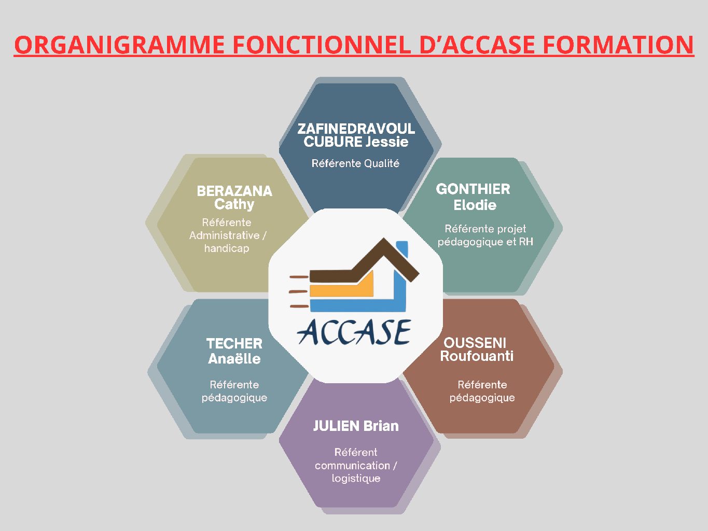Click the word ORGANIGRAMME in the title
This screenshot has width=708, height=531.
tap(119, 45)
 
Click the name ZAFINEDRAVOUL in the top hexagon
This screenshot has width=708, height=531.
tap(356, 129)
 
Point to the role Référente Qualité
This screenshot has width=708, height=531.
tap(355, 163)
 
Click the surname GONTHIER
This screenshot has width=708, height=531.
tap(473, 189)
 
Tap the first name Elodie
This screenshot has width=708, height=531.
tap(475, 205)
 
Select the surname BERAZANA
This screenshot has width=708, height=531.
tap(234, 191)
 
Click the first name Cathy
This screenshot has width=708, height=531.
tap(234, 204)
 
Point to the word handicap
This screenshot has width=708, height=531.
tap(227, 248)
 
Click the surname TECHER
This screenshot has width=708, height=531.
tap(234, 344)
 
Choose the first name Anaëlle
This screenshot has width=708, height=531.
tap(234, 358)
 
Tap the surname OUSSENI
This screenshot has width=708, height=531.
tap(475, 343)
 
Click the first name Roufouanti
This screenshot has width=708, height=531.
tap(477, 356)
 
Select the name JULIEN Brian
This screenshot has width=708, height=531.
tap(356, 426)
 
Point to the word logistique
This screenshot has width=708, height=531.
tap(356, 478)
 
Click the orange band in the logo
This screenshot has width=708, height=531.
tap(342, 287)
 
